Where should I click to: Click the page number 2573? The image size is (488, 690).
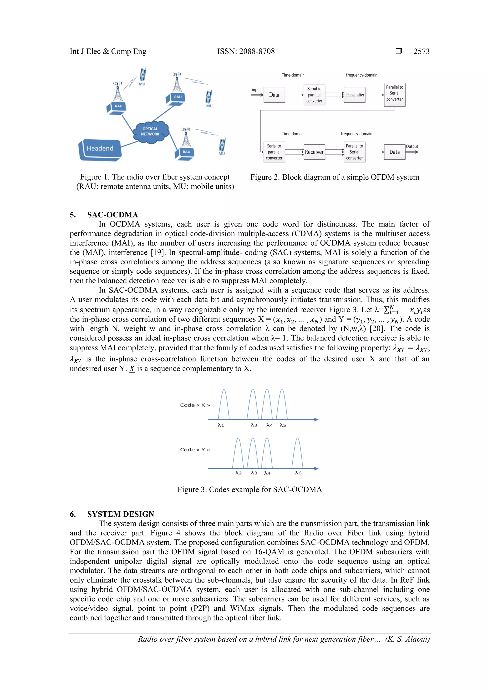(421, 51)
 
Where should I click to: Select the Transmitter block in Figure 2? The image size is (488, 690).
(355, 95)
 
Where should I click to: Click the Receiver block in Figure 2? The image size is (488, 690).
(314, 152)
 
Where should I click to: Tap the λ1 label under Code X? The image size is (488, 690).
(221, 425)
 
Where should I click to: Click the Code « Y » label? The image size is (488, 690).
(195, 450)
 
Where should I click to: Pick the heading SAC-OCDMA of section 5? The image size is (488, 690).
(112, 215)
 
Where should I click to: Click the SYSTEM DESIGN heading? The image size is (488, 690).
(121, 514)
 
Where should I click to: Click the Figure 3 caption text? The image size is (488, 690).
(249, 489)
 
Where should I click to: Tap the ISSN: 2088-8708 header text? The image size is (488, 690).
(246, 51)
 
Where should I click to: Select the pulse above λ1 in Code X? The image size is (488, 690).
(224, 404)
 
